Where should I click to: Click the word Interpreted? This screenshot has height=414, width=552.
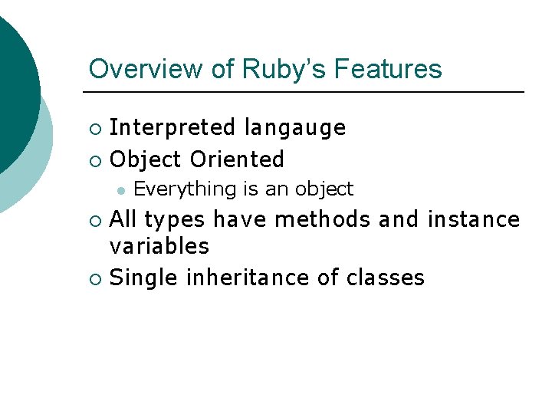coord(172,127)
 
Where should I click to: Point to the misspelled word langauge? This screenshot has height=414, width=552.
coord(295,127)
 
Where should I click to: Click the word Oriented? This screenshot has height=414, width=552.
coord(237,159)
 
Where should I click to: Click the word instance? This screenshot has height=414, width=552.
coord(474,220)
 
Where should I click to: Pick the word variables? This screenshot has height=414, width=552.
coord(159,246)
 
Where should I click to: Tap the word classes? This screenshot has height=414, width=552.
coord(385,278)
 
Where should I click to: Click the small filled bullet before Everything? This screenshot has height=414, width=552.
coord(120,189)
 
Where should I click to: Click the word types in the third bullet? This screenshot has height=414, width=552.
coord(175,221)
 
